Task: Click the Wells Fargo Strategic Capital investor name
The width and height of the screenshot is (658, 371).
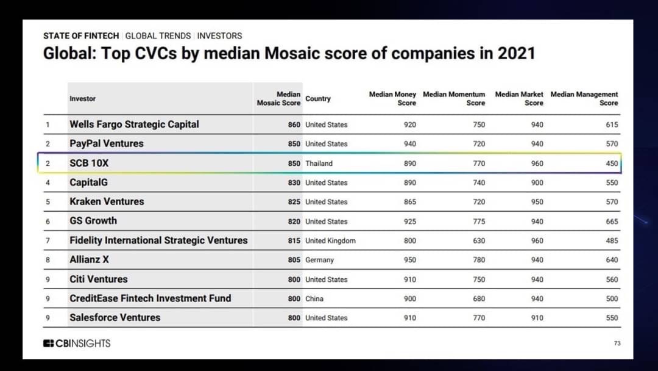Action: [134, 124]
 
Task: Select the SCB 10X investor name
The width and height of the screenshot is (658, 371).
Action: [89, 163]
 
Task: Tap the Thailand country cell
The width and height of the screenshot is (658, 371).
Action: [319, 164]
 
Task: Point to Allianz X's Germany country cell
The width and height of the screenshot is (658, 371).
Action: [319, 260]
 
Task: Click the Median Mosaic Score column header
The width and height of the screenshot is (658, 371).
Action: [278, 98]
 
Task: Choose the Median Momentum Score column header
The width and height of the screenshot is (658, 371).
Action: [454, 98]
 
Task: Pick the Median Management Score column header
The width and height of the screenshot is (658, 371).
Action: [584, 98]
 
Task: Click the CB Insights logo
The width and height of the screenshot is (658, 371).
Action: [77, 344]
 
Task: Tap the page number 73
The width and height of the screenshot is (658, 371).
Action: [617, 344]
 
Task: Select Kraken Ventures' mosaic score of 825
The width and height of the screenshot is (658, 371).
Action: [294, 202]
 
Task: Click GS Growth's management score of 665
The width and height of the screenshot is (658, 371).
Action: [612, 222]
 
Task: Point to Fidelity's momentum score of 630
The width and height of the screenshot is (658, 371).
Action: [479, 241]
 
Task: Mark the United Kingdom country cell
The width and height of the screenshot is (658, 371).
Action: [330, 241]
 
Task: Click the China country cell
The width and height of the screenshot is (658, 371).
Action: [314, 299]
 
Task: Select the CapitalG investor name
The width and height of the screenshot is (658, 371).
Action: [88, 182]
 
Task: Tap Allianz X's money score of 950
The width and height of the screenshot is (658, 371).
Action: [410, 260]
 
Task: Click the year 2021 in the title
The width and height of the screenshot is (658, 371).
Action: [517, 53]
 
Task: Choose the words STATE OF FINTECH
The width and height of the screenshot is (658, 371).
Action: [81, 36]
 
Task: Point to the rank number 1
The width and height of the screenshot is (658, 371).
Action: [48, 125]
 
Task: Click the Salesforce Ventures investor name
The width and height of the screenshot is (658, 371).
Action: [115, 318]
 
